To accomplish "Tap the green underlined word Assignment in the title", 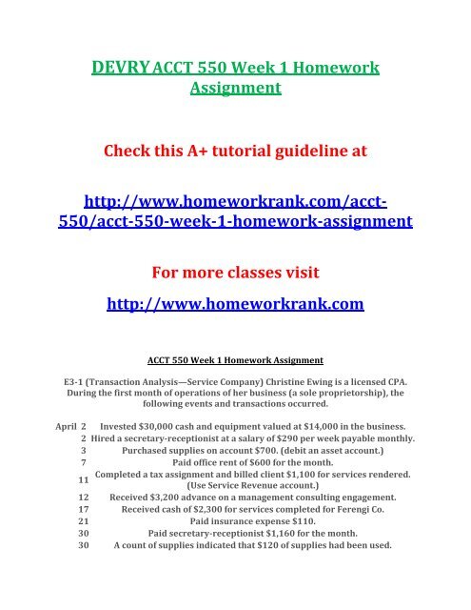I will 234,89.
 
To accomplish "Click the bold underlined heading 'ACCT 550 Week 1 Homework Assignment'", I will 235,360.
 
